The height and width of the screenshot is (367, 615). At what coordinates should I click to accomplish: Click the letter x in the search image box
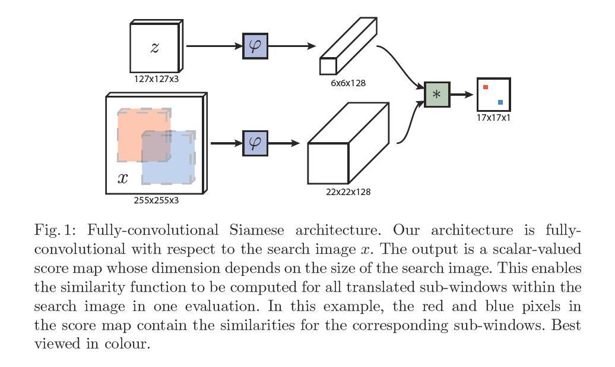[123, 178]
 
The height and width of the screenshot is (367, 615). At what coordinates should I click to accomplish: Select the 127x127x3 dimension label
[156, 79]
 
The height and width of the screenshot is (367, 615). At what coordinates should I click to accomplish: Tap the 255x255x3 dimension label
[156, 200]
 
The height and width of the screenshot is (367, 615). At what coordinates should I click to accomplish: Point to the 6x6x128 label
[348, 83]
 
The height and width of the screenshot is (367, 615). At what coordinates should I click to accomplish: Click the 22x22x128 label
[348, 192]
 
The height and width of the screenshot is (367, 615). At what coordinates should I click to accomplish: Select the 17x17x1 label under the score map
[493, 118]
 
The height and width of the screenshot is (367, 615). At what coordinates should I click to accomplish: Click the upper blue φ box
[255, 46]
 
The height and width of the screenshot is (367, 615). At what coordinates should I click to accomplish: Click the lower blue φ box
[255, 143]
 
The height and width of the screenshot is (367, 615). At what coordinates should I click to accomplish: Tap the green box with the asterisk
[437, 95]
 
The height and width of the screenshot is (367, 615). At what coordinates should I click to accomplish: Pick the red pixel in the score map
[486, 87]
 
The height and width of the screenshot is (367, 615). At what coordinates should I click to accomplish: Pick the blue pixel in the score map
[500, 102]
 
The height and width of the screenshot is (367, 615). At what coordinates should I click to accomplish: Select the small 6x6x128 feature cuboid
[348, 48]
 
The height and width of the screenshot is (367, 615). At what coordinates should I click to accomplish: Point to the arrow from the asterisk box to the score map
[462, 95]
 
